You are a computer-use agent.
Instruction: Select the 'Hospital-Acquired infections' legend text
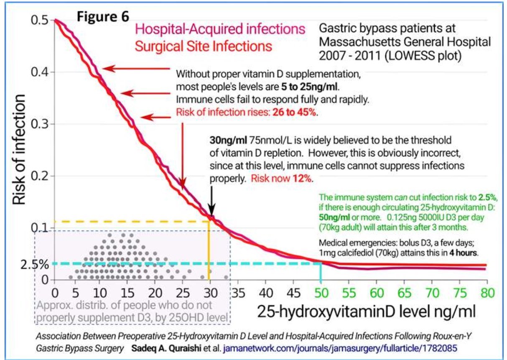click(220, 30)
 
